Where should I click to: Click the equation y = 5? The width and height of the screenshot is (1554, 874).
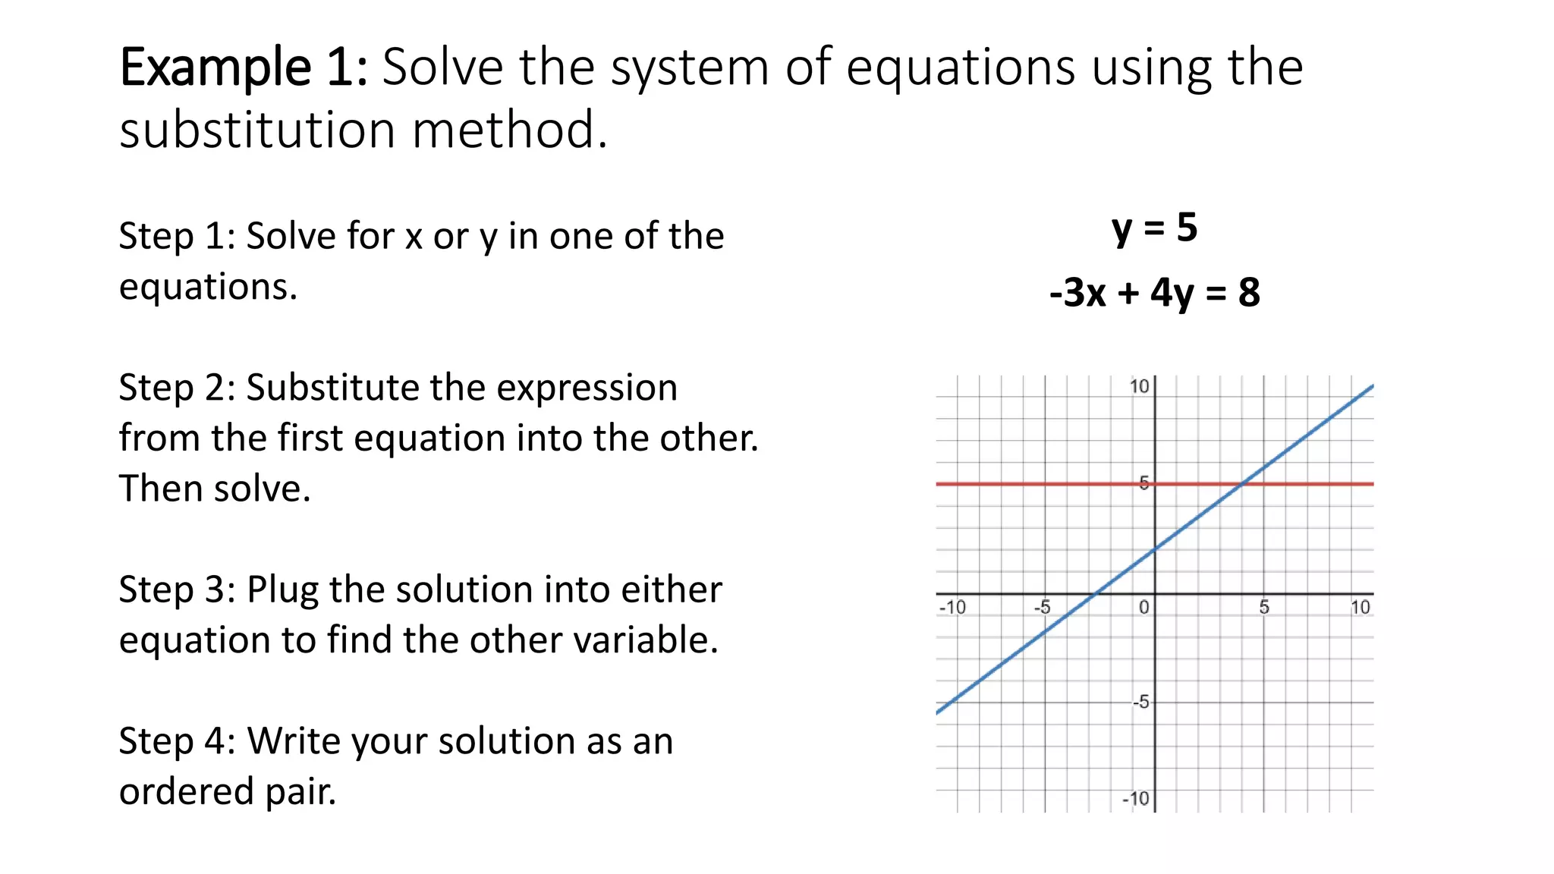click(x=1154, y=228)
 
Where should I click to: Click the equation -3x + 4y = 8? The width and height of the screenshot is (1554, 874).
click(x=1154, y=292)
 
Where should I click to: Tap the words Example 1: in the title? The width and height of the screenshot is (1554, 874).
click(x=244, y=68)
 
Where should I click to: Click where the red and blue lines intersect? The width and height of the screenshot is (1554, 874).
click(x=1242, y=483)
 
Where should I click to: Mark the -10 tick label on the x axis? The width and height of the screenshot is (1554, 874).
click(x=952, y=608)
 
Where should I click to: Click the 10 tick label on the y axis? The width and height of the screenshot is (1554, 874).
click(x=1139, y=387)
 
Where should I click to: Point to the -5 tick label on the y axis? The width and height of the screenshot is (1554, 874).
click(x=1140, y=703)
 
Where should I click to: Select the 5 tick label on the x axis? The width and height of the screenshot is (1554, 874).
click(x=1264, y=608)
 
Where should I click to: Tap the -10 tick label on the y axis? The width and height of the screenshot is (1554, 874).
click(x=1136, y=799)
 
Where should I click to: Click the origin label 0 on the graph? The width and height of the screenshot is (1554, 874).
click(x=1144, y=608)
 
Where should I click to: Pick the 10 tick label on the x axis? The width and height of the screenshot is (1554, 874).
click(x=1360, y=608)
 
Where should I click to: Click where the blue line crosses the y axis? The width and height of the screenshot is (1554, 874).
click(x=1155, y=549)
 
